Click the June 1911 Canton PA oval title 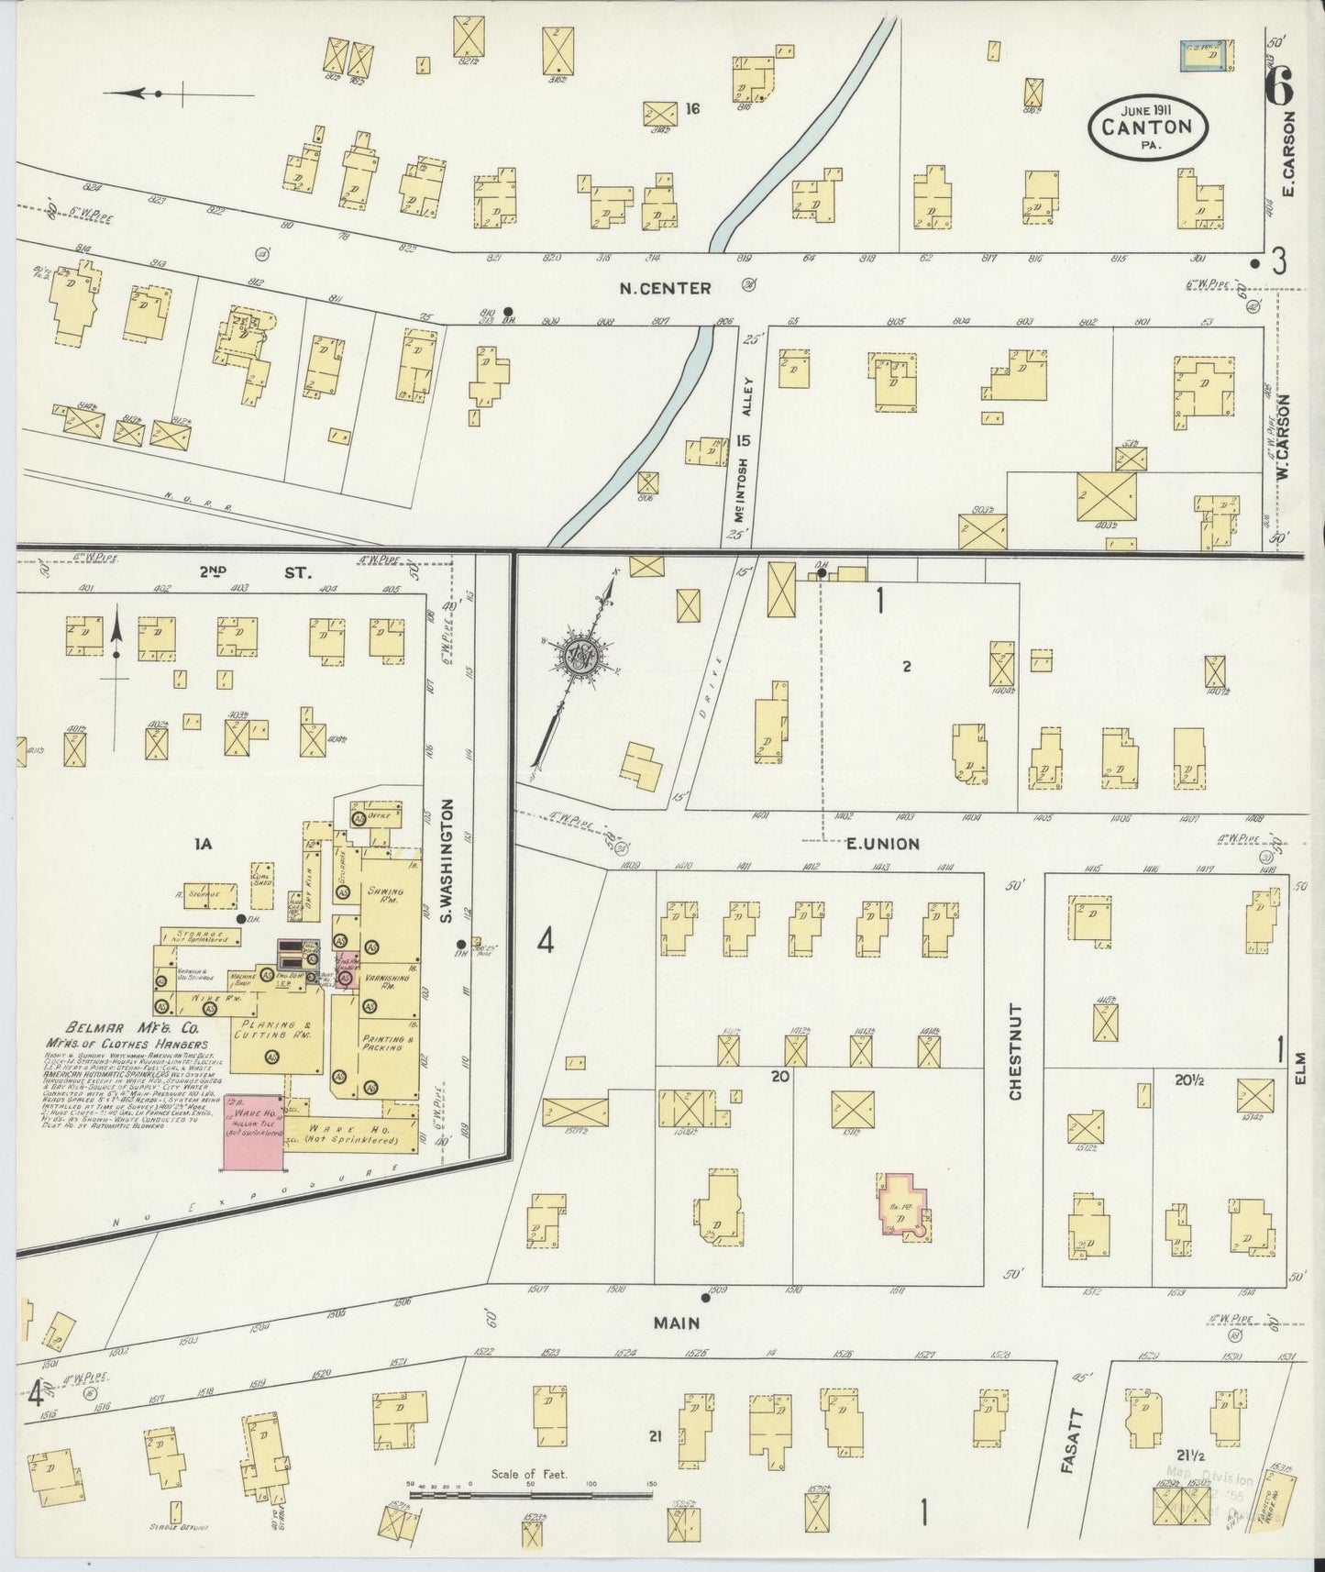(1148, 127)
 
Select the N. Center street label (665, 288)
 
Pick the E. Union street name (882, 843)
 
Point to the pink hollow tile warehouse (254, 1132)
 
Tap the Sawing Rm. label (389, 894)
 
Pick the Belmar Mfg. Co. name (120, 1028)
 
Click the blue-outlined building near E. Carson (1204, 55)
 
